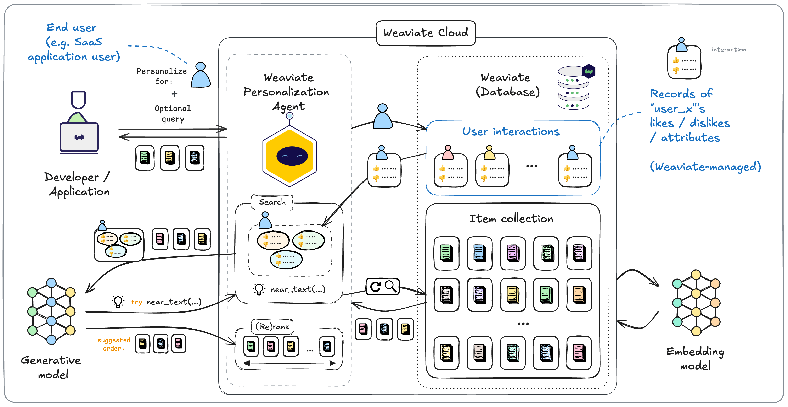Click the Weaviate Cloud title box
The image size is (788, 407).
pyautogui.click(x=426, y=33)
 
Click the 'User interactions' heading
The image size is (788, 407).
pyautogui.click(x=511, y=131)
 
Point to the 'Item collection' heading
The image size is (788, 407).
pyautogui.click(x=511, y=219)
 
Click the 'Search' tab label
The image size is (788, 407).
pyautogui.click(x=272, y=202)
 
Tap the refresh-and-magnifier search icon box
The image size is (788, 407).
pyautogui.click(x=383, y=287)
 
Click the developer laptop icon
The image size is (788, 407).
pyautogui.click(x=79, y=137)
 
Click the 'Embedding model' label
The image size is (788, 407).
pyautogui.click(x=695, y=358)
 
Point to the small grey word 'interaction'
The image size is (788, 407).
pyautogui.click(x=729, y=50)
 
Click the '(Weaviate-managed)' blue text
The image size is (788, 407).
pyautogui.click(x=705, y=167)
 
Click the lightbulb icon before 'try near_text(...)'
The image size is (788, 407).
pyautogui.click(x=118, y=302)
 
